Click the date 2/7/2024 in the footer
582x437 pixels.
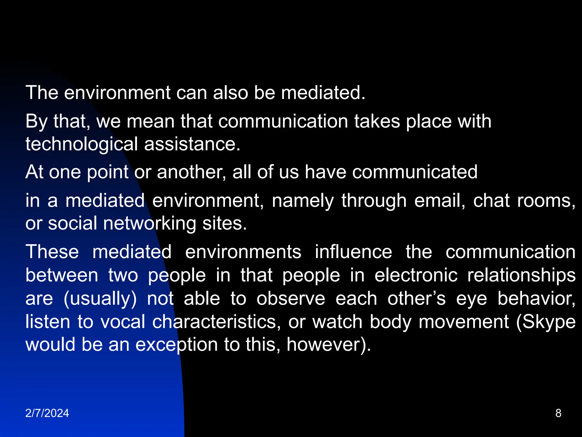coord(47,413)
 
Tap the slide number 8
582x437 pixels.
coord(558,413)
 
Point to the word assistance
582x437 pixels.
coord(192,144)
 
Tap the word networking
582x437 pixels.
coord(149,224)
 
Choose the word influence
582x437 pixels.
coord(354,252)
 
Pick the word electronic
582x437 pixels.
coord(416,275)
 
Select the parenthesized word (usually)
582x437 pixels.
coord(100,299)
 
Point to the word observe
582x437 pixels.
coord(291,299)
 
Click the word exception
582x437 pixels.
coord(176,345)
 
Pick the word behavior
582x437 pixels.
coord(536,299)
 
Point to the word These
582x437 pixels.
coord(52,252)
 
